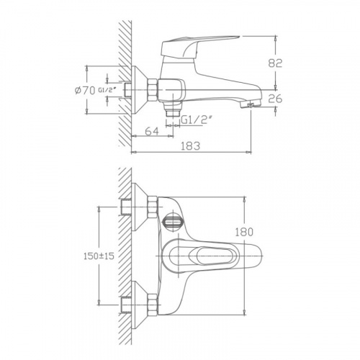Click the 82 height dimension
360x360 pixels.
click(275, 63)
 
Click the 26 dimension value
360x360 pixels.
click(275, 99)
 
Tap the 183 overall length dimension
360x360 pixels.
click(190, 145)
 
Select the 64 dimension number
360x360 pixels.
click(152, 131)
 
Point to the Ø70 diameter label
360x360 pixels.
click(85, 91)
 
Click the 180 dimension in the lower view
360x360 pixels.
click(244, 232)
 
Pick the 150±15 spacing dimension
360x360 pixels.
click(99, 256)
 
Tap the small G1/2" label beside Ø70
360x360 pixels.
click(107, 90)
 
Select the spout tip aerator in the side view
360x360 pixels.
click(250, 104)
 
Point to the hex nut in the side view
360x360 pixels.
click(153, 91)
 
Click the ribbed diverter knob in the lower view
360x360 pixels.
click(173, 222)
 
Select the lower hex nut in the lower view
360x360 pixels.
click(153, 304)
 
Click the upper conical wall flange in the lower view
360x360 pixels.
click(139, 207)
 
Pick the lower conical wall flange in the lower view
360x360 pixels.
click(139, 305)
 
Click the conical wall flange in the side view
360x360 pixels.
click(139, 90)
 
